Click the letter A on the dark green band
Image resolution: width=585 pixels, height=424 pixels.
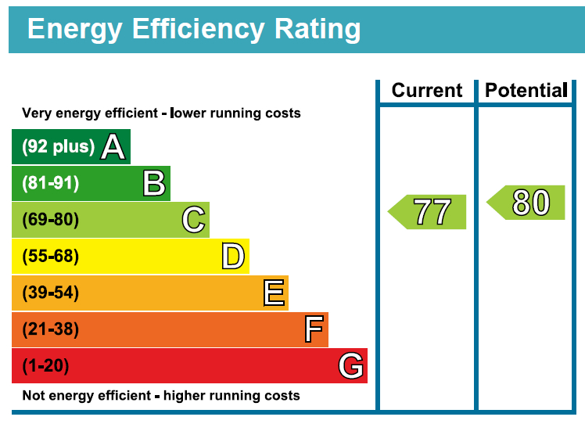[113, 147]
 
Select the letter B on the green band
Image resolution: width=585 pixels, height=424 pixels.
[154, 184]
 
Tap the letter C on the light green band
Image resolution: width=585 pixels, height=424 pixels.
[193, 220]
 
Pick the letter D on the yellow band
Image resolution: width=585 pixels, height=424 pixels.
[233, 257]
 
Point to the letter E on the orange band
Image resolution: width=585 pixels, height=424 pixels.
[274, 293]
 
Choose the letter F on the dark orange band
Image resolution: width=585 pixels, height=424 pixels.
[314, 330]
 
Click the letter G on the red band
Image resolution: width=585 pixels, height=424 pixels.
[351, 366]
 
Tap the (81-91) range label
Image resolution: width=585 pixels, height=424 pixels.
[51, 184]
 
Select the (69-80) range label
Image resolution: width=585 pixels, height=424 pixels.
[51, 220]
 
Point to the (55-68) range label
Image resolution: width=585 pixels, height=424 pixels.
[51, 257]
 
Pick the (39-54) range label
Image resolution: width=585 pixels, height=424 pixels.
[51, 293]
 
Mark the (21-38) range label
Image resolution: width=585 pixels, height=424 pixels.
[51, 330]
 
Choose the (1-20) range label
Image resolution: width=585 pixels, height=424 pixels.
[46, 366]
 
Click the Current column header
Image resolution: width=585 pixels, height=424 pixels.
[427, 91]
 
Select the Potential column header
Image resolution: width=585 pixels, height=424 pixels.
[526, 91]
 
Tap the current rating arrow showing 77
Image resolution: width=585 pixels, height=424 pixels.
[428, 212]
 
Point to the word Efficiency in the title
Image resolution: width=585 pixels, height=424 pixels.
[188, 29]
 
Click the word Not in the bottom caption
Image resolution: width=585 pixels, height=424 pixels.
[34, 396]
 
